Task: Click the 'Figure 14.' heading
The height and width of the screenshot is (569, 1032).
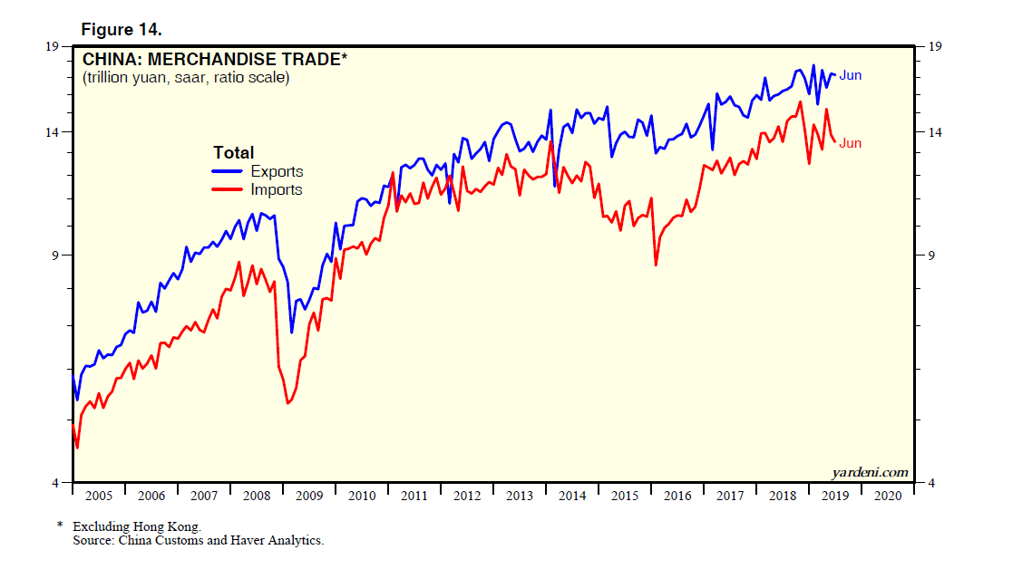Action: [122, 29]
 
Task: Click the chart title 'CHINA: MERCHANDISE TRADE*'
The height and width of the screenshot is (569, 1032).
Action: [215, 61]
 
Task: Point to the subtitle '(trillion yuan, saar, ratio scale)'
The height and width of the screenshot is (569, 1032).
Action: [186, 78]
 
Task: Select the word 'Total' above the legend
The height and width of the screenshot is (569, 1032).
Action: [233, 152]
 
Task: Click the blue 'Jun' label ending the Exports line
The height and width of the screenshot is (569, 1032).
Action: [850, 75]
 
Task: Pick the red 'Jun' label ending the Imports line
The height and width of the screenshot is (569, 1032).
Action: [850, 143]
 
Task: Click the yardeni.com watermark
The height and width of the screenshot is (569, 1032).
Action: [869, 472]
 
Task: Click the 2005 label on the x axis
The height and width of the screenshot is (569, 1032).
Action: [98, 497]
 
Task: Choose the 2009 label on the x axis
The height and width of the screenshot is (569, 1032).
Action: [309, 497]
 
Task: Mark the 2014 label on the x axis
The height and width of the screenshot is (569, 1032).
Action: [572, 497]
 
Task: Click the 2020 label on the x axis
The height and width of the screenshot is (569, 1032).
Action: [888, 497]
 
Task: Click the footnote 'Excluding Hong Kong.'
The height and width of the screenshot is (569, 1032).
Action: [137, 526]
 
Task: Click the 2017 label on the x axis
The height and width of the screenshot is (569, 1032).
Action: [730, 497]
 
